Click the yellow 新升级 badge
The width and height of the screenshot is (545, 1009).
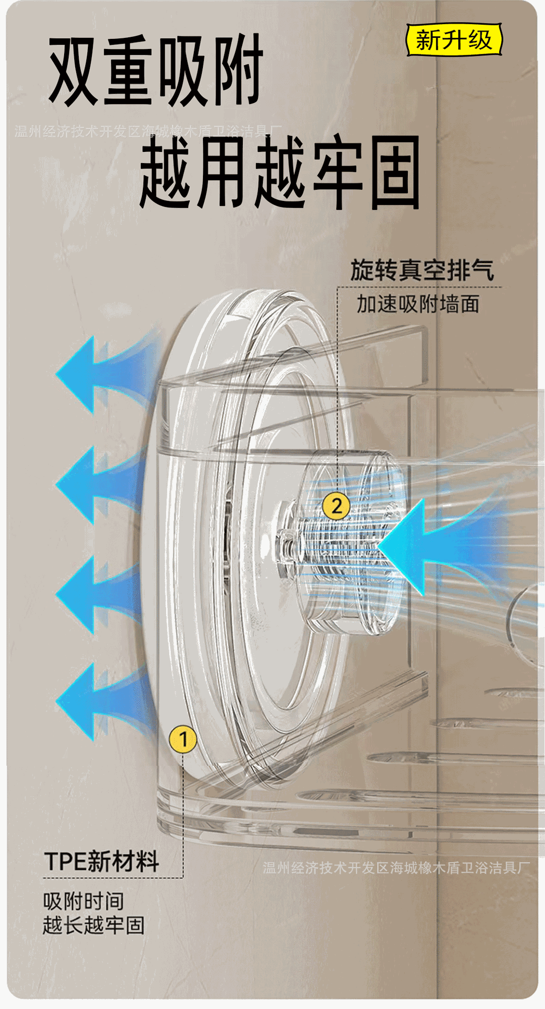(454, 40)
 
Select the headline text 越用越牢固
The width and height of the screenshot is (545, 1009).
(280, 172)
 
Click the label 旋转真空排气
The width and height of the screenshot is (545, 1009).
(422, 270)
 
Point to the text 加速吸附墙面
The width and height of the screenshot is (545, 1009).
(418, 304)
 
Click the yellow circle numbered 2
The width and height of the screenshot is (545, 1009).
(336, 506)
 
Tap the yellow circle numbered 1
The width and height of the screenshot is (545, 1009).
(183, 739)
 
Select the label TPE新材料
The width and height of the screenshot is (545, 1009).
(101, 861)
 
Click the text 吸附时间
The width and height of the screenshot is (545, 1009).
(84, 901)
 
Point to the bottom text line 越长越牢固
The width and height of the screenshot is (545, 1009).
(94, 925)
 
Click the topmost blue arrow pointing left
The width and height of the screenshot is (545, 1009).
(100, 374)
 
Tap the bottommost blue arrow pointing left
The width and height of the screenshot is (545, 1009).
(100, 701)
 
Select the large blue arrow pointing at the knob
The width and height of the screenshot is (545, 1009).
(436, 547)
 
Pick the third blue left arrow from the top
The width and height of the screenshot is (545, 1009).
(100, 594)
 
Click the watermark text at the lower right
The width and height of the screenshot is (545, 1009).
(396, 868)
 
